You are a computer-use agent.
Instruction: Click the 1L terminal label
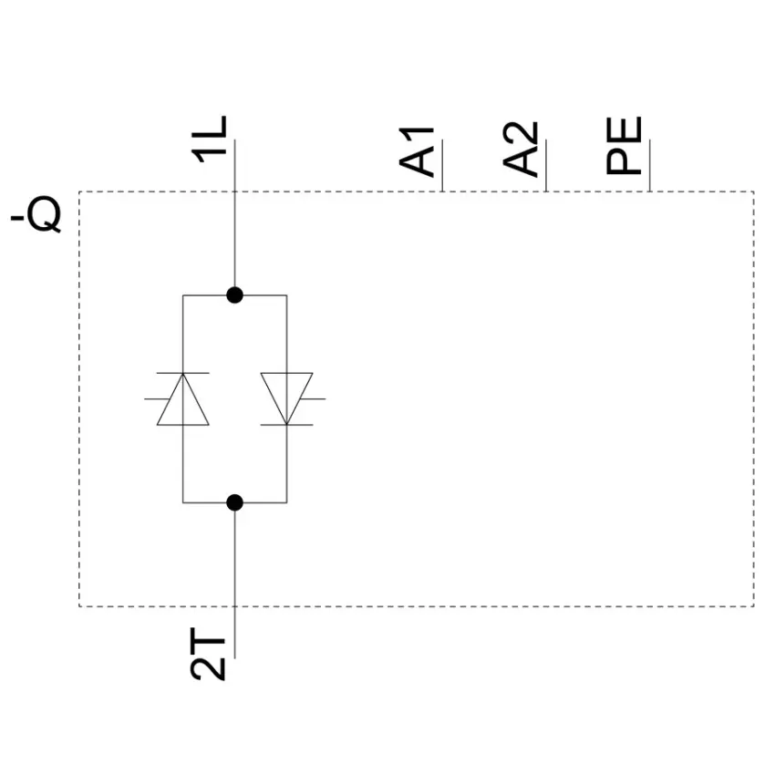tap(209, 139)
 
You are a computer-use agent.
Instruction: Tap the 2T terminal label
tap(208, 654)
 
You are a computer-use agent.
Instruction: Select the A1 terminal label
tap(417, 151)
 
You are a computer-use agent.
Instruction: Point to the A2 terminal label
tap(521, 149)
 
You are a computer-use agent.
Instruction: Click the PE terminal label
tap(624, 146)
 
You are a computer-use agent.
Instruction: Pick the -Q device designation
tap(36, 215)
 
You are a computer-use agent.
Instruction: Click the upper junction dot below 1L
tap(234, 295)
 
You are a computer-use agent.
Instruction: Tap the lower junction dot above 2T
tap(234, 502)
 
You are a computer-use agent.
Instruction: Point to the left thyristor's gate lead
tap(157, 398)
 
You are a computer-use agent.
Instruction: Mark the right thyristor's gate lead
tap(313, 398)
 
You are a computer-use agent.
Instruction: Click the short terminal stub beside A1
tap(442, 166)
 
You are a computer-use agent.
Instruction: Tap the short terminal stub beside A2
tap(546, 166)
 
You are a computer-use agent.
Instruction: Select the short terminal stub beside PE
tap(650, 166)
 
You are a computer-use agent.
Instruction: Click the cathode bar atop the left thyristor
tap(183, 373)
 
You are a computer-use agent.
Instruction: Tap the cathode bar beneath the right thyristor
tap(286, 425)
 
